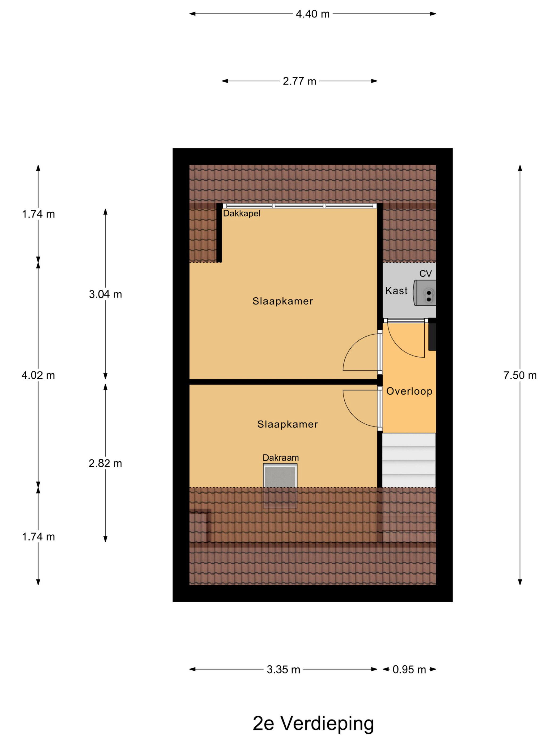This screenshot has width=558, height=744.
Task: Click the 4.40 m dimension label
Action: [312, 14]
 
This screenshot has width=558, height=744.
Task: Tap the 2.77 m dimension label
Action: [299, 81]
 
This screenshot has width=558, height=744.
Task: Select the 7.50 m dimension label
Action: [520, 376]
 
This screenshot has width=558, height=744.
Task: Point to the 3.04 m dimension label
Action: [105, 294]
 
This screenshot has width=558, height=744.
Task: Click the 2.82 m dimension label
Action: [105, 463]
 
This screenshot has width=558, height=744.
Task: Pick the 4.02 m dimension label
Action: [38, 376]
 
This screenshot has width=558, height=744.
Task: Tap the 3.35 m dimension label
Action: [283, 670]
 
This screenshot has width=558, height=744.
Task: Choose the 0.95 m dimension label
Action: [409, 670]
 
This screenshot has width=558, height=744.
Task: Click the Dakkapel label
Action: [242, 214]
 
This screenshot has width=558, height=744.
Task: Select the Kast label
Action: [396, 291]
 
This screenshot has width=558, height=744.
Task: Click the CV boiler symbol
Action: [424, 293]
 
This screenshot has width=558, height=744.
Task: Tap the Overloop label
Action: [409, 391]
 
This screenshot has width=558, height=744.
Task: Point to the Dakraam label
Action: [281, 458]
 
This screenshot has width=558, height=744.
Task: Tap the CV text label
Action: [425, 274]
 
